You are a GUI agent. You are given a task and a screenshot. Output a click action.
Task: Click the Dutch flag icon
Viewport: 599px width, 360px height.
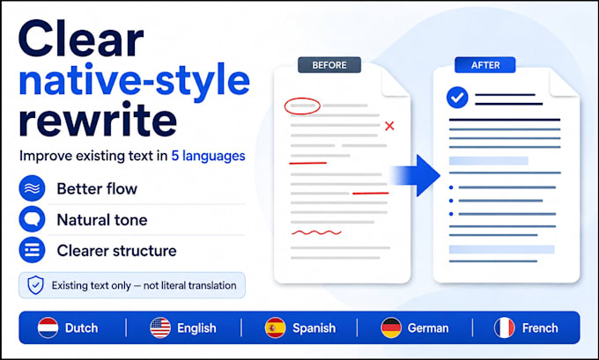coord(48,328)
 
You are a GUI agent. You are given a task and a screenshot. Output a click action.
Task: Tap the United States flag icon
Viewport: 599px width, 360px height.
coord(160,328)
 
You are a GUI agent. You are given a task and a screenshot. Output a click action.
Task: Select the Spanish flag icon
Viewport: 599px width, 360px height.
coord(275,328)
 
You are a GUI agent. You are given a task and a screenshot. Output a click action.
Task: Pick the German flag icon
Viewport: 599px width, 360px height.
coord(391,328)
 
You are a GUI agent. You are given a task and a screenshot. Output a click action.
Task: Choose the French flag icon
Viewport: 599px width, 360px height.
coord(504,328)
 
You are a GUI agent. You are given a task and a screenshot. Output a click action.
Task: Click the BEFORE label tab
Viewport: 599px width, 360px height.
coord(329,65)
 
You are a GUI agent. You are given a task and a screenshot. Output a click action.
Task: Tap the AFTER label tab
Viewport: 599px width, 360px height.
coord(485,65)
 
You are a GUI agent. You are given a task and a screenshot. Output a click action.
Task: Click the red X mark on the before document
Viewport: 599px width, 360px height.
coord(389,126)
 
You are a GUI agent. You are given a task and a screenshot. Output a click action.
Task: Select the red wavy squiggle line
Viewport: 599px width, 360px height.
coord(316,232)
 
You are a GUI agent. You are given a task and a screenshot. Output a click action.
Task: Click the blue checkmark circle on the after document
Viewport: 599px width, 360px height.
coord(457,98)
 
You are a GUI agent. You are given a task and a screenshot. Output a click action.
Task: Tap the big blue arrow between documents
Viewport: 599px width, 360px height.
coord(417,176)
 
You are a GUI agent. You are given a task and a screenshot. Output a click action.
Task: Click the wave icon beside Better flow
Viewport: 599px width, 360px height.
coord(32,188)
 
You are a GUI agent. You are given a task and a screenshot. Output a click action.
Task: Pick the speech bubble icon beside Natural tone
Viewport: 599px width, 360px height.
coord(32,219)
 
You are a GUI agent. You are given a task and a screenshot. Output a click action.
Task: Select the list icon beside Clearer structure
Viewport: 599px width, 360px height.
coord(32,250)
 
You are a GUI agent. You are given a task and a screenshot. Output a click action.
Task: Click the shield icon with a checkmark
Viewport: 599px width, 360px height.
coord(35,285)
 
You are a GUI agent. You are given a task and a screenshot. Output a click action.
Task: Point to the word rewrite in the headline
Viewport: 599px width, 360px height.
coord(98,119)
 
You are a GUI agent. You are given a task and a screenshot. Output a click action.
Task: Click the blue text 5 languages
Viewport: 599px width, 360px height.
coord(208,156)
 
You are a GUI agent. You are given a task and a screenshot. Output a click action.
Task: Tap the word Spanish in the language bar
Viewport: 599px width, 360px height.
coord(314,328)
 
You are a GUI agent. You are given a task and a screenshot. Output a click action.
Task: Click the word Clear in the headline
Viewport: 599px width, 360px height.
coord(81,39)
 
